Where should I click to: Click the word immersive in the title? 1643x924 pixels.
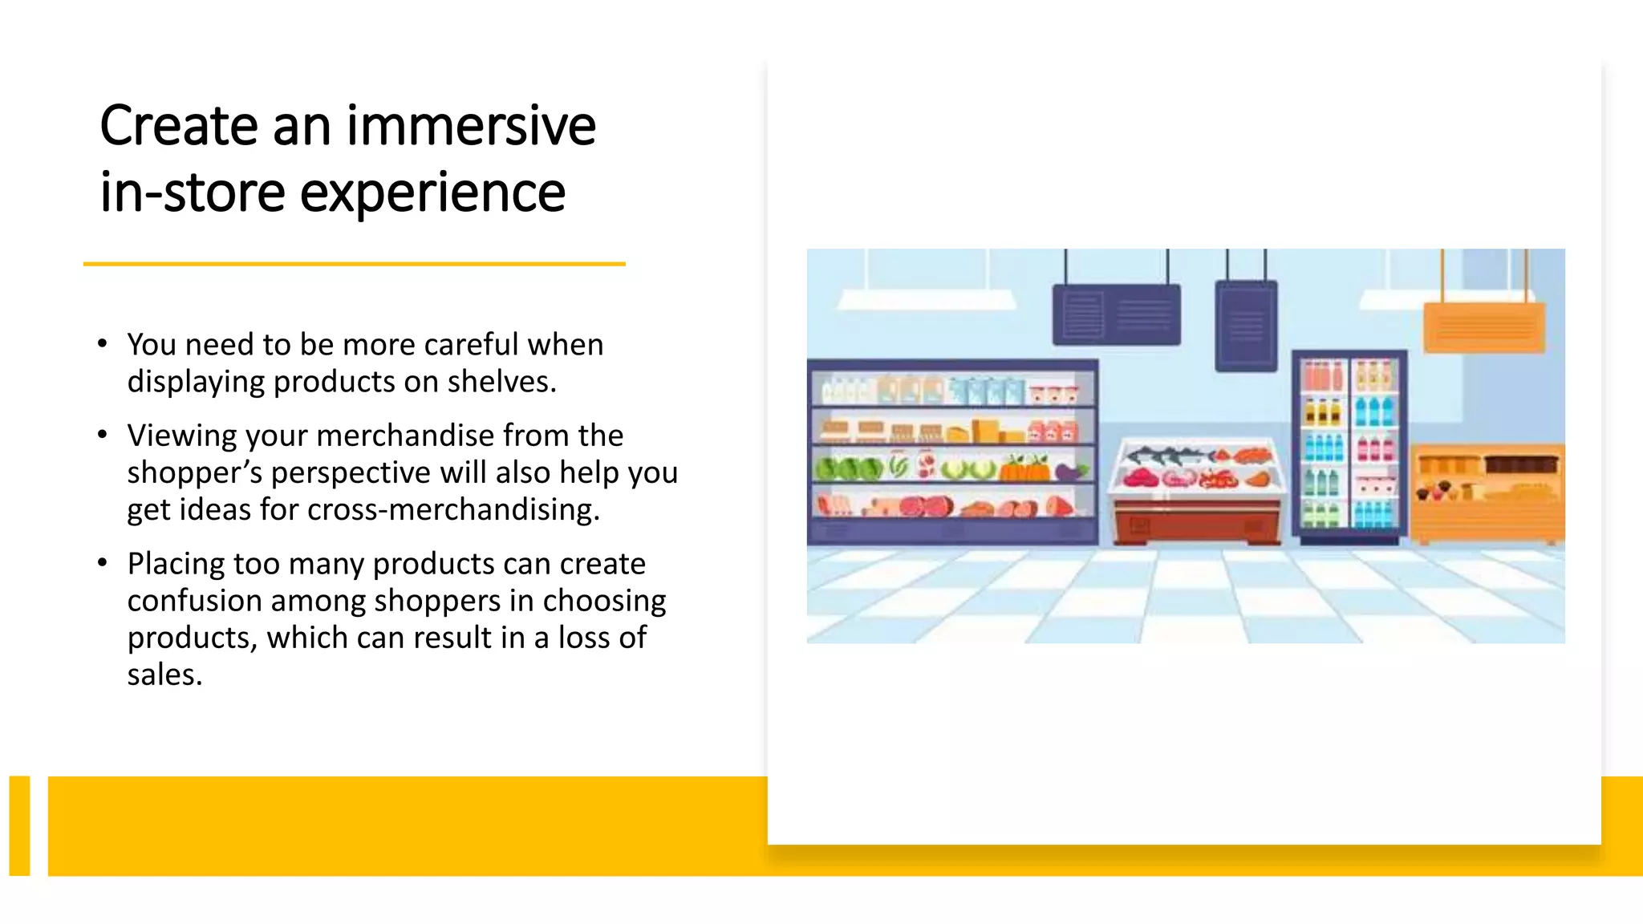[471, 126]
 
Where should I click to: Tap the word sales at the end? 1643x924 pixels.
[164, 675]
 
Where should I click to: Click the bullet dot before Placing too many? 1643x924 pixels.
[102, 563]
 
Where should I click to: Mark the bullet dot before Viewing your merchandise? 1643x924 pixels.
[102, 435]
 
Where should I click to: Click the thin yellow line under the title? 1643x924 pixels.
[354, 263]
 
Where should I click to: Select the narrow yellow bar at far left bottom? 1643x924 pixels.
[19, 825]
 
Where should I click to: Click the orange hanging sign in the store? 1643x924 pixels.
[1483, 327]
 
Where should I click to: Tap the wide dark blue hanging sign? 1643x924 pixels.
[1116, 314]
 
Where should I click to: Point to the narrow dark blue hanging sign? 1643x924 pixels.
[1245, 325]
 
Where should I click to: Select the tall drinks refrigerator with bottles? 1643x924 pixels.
[1349, 445]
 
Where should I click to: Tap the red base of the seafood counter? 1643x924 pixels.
[1195, 521]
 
